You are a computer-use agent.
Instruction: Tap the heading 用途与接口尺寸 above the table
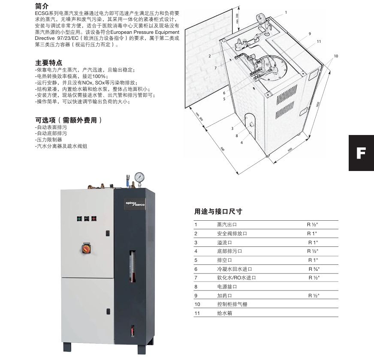coord(218,211)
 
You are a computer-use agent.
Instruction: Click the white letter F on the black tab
coord(361,153)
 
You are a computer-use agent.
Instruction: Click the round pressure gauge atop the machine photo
coord(139,177)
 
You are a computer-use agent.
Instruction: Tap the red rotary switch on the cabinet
coord(85,248)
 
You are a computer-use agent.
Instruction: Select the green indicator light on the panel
coord(79,218)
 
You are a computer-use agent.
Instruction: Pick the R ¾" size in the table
coord(314,269)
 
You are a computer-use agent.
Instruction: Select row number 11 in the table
coord(197,313)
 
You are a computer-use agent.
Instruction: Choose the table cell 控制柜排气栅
coord(232,304)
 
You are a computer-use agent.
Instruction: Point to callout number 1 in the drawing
coord(286,12)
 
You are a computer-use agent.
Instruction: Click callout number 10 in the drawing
coord(335,56)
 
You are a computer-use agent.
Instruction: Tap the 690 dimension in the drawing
coord(290,149)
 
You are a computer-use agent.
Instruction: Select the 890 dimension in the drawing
coord(222,149)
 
